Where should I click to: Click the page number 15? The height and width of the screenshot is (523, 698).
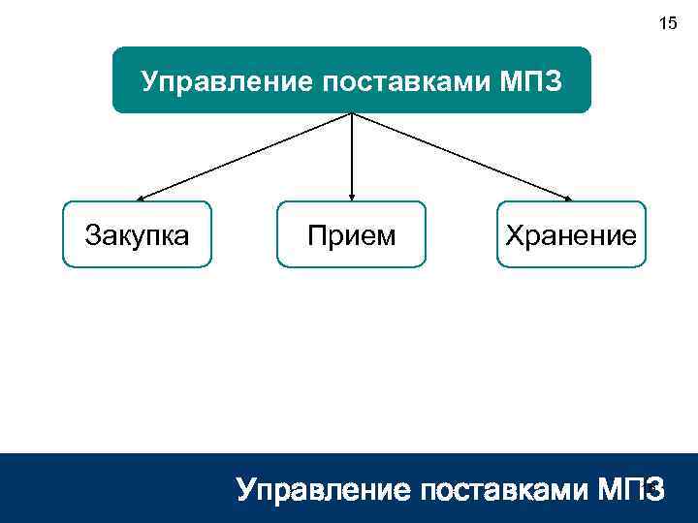tap(668, 23)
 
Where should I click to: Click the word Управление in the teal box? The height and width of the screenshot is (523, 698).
tap(212, 79)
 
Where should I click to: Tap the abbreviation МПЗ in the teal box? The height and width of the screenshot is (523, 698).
tap(530, 79)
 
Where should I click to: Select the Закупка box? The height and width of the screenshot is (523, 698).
tap(137, 234)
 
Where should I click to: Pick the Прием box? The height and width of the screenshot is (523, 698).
tap(351, 234)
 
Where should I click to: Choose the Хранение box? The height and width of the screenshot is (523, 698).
tap(570, 234)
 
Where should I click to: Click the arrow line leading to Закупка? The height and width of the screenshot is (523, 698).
tap(242, 157)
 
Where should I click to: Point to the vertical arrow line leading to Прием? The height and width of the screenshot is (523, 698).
tap(351, 155)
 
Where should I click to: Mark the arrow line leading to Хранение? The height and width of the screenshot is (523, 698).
tap(460, 157)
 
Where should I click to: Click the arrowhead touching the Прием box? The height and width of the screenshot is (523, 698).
tap(351, 197)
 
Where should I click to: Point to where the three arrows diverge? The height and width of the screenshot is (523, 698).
tap(351, 114)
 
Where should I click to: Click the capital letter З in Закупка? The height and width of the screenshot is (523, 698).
tap(92, 234)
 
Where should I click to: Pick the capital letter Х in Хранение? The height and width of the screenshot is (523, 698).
tap(510, 234)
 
